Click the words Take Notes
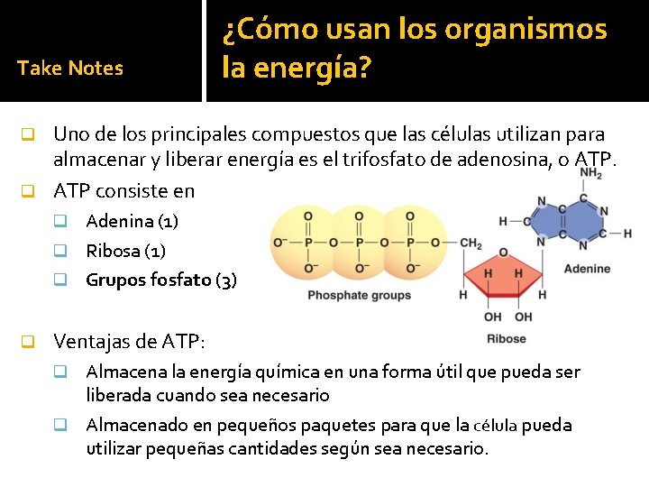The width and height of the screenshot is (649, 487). (x=69, y=69)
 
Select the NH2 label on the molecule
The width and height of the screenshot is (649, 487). (x=590, y=173)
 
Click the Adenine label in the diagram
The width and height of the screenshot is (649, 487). (x=587, y=268)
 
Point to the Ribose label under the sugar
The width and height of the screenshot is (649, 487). (x=506, y=339)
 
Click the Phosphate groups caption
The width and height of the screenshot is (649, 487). (x=359, y=295)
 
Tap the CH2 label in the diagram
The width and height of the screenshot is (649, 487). (x=471, y=243)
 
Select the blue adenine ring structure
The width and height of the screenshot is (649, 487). (x=570, y=221)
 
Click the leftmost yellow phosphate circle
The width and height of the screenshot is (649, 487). (x=308, y=243)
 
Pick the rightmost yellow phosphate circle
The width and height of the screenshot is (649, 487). (x=409, y=243)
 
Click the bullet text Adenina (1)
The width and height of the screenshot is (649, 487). (x=132, y=221)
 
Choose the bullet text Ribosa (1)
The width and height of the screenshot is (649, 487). (x=125, y=251)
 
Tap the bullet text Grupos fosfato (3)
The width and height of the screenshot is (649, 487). (x=161, y=280)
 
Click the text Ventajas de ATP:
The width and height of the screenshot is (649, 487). (x=130, y=342)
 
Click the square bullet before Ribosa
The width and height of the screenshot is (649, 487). (x=60, y=251)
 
